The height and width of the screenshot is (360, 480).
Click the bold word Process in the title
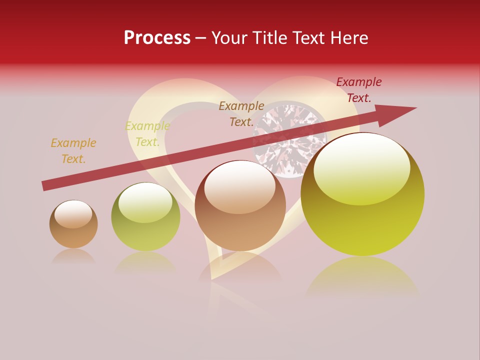[157, 38]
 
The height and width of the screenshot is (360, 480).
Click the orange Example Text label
[73, 151]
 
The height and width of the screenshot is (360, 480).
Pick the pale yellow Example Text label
[147, 134]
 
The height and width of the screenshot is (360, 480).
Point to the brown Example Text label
[241, 114]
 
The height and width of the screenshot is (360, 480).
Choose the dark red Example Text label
[359, 90]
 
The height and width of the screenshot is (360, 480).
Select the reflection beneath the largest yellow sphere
[362, 277]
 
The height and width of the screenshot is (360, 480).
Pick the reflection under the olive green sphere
[145, 262]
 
